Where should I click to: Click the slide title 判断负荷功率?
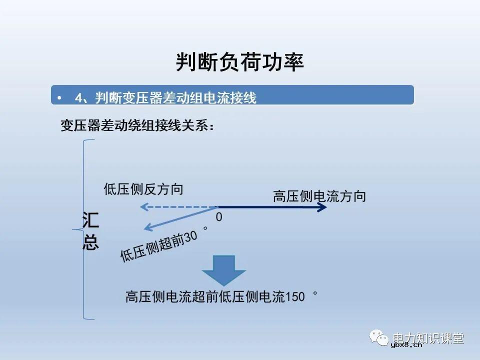(240, 62)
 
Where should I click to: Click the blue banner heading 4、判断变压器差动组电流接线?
(165, 98)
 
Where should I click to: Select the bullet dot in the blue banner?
(59, 98)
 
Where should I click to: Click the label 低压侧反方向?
(143, 189)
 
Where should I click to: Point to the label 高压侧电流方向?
(319, 196)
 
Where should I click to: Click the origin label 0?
(219, 217)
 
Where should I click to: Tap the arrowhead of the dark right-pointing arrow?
(323, 207)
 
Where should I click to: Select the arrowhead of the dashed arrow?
(143, 206)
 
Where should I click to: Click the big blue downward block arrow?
(223, 270)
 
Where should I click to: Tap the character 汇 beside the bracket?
(90, 220)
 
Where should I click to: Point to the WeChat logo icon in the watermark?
(380, 338)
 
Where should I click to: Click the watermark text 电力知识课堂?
(428, 337)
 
